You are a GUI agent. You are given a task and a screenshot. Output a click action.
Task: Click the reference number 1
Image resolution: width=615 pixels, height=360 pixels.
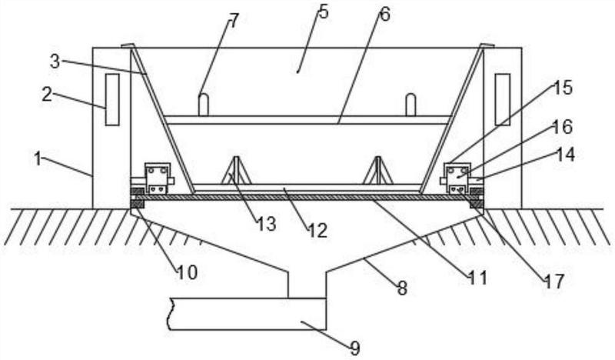click(38, 159)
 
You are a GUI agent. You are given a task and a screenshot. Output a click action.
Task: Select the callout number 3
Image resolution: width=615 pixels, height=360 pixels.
click(55, 62)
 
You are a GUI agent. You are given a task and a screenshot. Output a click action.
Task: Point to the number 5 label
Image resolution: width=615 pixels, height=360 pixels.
click(323, 12)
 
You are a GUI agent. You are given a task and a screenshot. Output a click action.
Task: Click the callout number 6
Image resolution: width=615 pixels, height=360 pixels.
click(385, 15)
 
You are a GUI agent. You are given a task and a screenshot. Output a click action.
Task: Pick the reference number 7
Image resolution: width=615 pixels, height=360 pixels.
click(233, 21)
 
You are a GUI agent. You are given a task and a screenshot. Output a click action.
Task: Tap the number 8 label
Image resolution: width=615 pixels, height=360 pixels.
click(402, 288)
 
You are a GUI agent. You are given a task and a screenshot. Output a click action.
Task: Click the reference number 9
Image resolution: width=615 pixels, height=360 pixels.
click(354, 348)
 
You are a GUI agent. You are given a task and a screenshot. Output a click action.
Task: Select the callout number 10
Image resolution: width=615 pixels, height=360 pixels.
click(187, 272)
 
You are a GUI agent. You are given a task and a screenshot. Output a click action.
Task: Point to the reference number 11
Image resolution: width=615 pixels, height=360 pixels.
click(477, 278)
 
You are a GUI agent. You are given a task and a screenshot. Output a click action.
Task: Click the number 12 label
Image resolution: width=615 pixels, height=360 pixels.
click(317, 231)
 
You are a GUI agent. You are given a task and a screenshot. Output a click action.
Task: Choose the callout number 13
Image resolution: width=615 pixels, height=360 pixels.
click(267, 224)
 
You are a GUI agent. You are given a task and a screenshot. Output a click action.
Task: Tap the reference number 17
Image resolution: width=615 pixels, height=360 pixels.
click(553, 282)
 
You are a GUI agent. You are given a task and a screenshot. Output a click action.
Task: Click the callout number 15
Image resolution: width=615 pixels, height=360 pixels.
click(563, 88)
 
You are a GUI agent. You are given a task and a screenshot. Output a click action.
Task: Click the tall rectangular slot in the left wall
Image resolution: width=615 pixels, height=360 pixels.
click(112, 100)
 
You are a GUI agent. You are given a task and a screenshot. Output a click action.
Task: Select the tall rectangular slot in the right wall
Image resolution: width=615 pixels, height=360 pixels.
click(502, 100)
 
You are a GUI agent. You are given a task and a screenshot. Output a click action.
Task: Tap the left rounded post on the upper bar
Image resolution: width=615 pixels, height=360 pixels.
click(203, 105)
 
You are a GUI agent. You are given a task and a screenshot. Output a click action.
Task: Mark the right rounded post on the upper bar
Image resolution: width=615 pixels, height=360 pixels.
click(411, 105)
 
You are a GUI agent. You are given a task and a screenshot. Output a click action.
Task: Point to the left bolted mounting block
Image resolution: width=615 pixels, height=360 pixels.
click(158, 178)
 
